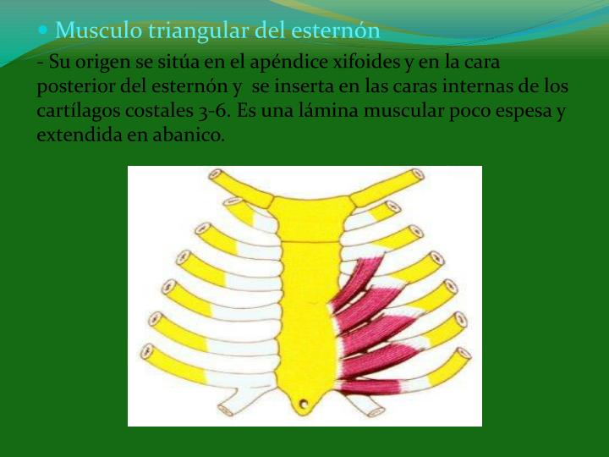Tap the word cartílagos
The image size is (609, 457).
point(76,111)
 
